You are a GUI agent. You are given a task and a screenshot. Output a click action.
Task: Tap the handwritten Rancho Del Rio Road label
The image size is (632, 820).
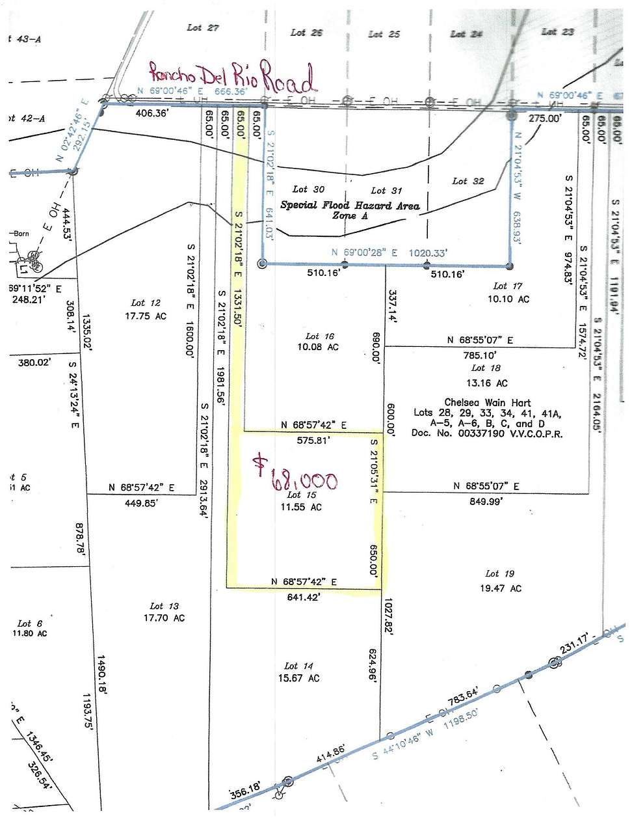[x=232, y=77]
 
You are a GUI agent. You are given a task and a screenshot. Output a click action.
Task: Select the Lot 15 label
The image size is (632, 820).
[x=302, y=495]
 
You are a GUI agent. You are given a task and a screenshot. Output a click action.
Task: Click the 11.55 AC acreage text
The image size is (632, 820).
[x=301, y=507]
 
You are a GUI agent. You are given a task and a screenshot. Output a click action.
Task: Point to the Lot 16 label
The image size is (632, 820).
[x=320, y=336]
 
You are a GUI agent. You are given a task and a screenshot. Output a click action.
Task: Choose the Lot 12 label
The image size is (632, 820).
[x=146, y=303]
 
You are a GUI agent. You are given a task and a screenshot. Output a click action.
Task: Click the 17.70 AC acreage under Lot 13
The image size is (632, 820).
[x=164, y=618]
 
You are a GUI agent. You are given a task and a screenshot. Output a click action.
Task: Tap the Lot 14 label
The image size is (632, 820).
[x=298, y=666]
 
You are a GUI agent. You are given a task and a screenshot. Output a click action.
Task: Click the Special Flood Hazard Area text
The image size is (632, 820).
[x=350, y=205]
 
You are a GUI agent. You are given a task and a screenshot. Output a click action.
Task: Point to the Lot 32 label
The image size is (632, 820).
[x=468, y=181]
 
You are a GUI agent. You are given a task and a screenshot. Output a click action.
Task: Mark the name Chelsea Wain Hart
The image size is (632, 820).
[x=487, y=403]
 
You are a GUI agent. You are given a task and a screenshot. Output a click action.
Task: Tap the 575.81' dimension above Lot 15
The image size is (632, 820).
[x=313, y=440]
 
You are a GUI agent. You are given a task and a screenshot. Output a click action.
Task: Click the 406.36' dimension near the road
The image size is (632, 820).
[x=151, y=113]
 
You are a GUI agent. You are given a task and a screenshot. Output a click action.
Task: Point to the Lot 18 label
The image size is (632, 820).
[x=486, y=368]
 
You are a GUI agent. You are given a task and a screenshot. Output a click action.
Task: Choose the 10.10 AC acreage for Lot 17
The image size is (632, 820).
[x=508, y=299]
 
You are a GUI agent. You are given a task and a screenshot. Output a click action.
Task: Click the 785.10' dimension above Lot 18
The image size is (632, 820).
[x=480, y=355]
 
